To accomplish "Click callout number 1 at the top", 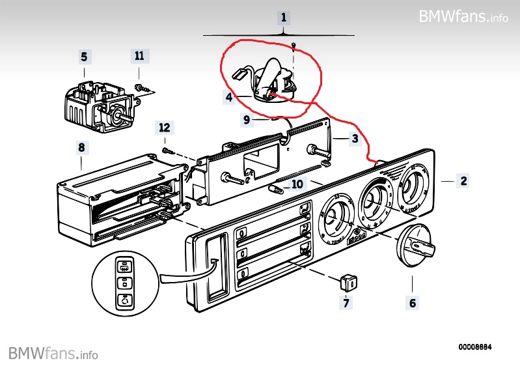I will [283, 17].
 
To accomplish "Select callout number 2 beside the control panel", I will [463, 182].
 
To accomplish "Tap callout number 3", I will [355, 139].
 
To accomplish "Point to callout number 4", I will [229, 98].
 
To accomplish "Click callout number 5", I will [84, 57].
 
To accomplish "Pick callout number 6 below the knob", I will [413, 302].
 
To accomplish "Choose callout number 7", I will [347, 302].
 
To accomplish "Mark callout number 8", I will [81, 148].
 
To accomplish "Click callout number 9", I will [247, 119].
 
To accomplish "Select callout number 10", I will [297, 184].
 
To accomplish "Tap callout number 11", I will [139, 56].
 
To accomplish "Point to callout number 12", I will [164, 126].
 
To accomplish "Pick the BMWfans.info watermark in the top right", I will [463, 16].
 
